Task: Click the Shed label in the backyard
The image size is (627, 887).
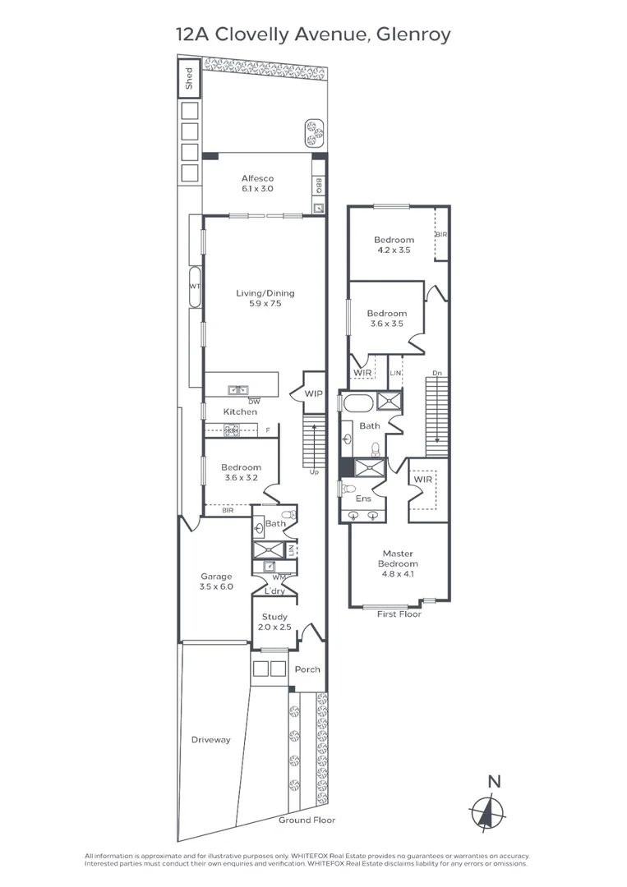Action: click(x=189, y=78)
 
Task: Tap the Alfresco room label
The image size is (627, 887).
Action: click(x=257, y=178)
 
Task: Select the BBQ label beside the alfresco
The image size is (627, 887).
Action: click(x=319, y=186)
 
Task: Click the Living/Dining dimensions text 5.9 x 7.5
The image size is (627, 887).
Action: click(x=265, y=303)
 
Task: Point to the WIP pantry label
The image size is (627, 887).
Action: click(x=314, y=393)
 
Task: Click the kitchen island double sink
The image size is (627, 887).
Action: click(x=237, y=390)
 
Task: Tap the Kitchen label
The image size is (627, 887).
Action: click(x=240, y=411)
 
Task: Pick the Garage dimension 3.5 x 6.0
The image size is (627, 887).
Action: click(x=216, y=586)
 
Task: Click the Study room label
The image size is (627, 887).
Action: click(x=274, y=617)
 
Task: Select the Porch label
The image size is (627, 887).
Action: click(x=307, y=669)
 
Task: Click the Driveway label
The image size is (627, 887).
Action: click(x=210, y=740)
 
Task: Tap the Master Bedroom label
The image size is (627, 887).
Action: click(x=398, y=558)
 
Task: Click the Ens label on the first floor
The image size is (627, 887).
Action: click(x=363, y=499)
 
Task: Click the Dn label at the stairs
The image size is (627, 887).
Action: click(x=437, y=374)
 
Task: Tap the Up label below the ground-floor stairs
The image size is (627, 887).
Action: click(x=314, y=471)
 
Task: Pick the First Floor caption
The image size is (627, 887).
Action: click(x=399, y=614)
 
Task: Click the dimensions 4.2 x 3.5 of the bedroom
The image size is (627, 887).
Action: click(x=394, y=250)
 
